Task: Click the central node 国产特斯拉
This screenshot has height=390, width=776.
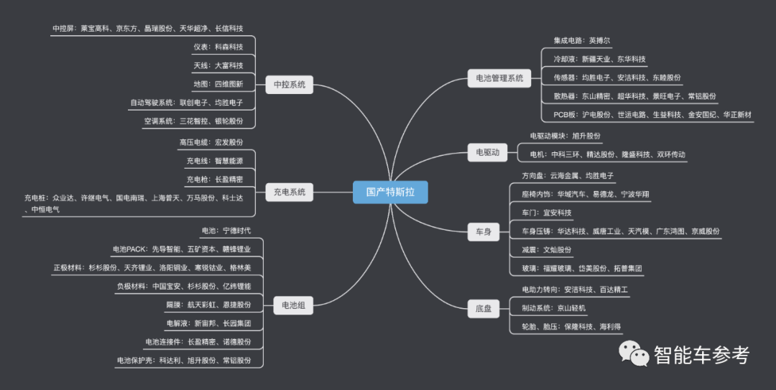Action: click(389, 192)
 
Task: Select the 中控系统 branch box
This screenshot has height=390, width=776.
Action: click(290, 85)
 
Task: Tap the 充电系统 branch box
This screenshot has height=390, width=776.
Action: click(290, 192)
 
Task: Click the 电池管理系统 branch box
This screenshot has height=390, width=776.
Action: click(499, 78)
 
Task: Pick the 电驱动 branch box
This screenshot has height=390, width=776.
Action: click(487, 152)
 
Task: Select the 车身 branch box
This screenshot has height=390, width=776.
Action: click(484, 231)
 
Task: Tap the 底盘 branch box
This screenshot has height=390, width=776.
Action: click(484, 308)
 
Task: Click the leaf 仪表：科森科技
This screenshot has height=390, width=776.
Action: click(218, 47)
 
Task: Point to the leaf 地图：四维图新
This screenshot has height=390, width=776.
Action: click(218, 84)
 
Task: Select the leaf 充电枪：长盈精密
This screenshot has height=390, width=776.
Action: click(214, 179)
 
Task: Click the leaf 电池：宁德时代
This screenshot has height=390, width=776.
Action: click(226, 231)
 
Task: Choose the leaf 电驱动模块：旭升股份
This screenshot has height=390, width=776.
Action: click(565, 136)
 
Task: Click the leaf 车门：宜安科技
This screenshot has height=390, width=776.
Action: click(546, 213)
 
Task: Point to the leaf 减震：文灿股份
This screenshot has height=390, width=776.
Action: click(546, 250)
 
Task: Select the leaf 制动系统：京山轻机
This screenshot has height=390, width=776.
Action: click(553, 307)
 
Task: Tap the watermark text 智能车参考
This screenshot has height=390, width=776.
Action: click(701, 354)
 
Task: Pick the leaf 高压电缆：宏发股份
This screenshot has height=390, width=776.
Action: click(211, 142)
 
